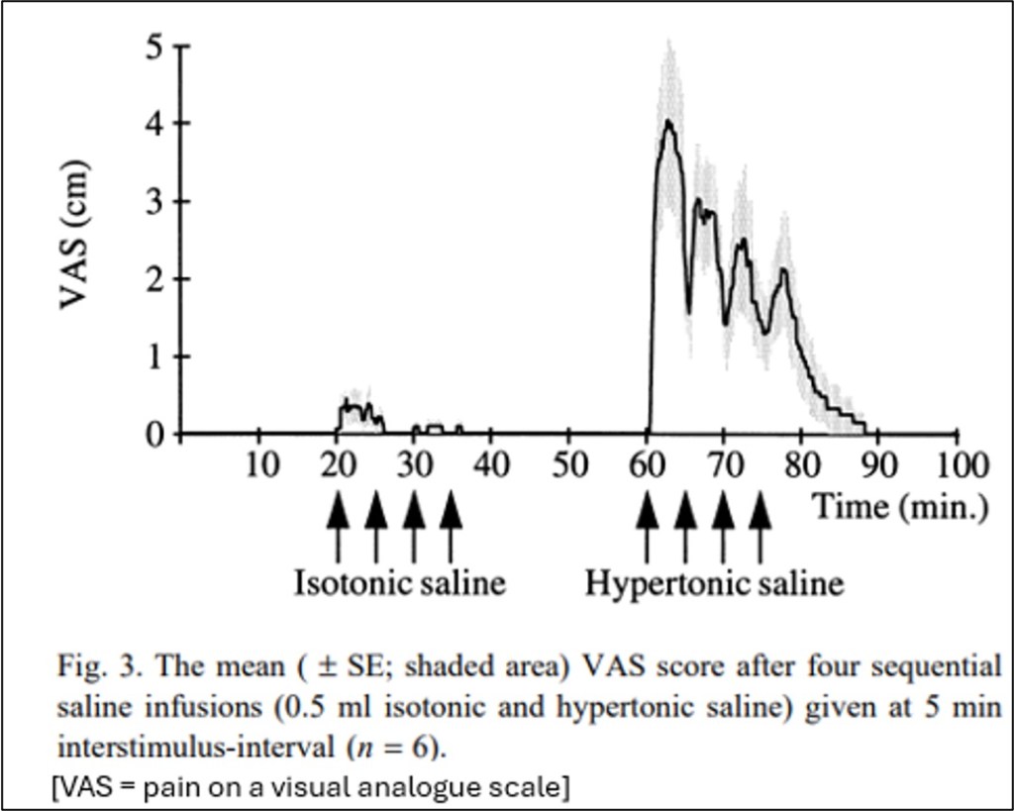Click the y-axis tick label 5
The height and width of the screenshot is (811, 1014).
point(154,47)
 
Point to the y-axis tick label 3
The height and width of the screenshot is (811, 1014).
point(154,201)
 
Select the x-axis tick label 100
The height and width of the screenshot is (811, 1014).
point(956,464)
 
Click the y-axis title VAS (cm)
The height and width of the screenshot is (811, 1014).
point(77,239)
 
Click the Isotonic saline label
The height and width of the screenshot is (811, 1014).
point(399,582)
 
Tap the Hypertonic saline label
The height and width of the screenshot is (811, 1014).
point(714,582)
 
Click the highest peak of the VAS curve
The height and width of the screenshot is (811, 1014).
point(669,122)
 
